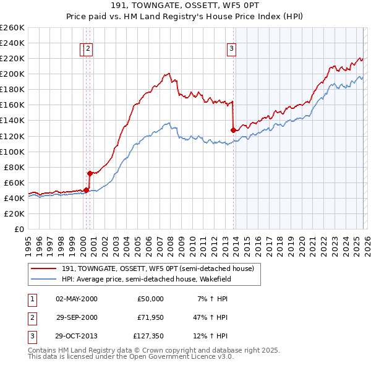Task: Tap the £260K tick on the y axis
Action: pos(12,28)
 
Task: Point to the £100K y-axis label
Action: pos(12,152)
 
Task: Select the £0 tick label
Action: pos(19,229)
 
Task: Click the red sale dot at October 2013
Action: pos(233,130)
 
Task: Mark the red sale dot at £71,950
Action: pos(90,173)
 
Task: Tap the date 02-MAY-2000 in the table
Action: pos(77,299)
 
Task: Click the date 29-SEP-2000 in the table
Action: pos(77,318)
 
